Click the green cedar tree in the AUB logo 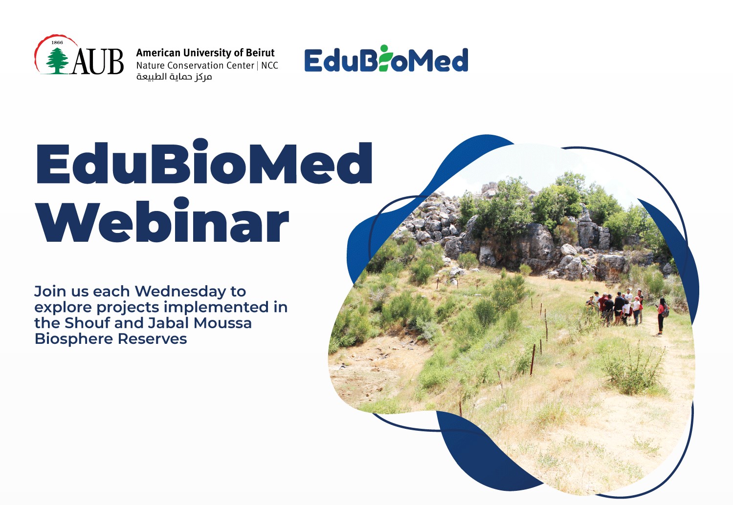(x=58, y=61)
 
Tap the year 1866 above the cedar (x=57, y=42)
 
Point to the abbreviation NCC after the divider (x=269, y=65)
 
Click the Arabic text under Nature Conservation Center (x=174, y=77)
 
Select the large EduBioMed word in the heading (x=204, y=163)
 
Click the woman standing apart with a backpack (x=661, y=316)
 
